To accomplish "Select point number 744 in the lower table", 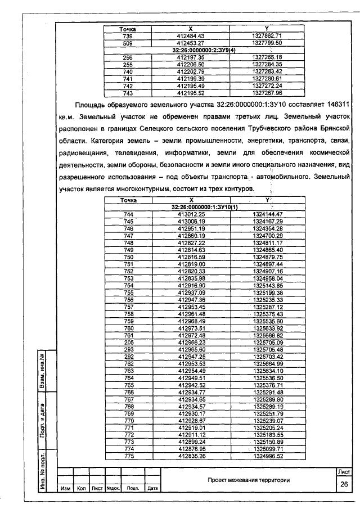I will tap(128, 214).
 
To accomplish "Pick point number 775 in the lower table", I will tap(128, 456).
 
